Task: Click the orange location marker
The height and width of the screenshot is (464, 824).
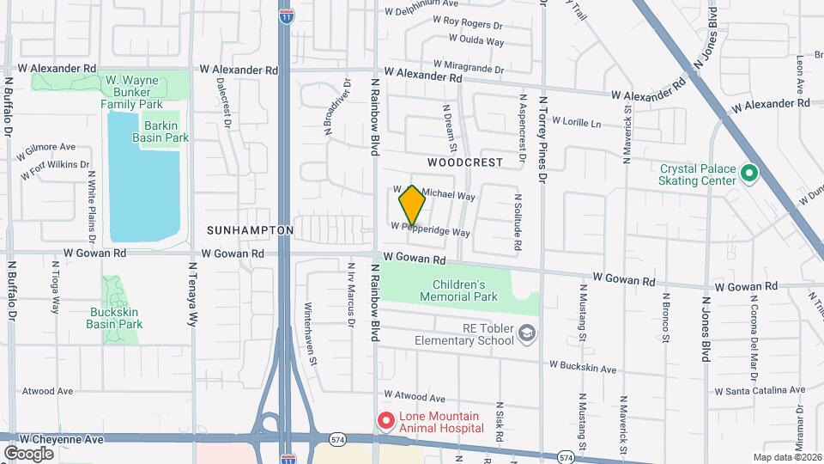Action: tap(412, 205)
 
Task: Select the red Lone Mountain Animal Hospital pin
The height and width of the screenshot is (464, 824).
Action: tap(385, 421)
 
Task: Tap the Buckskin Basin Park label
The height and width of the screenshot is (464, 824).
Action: tap(114, 318)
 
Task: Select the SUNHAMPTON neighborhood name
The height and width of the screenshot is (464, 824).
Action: tap(250, 231)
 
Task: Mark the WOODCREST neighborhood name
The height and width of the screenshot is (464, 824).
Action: tap(464, 162)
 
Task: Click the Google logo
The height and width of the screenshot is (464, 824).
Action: tap(28, 453)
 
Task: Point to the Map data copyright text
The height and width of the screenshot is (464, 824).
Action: tap(786, 457)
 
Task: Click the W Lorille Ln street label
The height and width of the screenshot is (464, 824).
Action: tap(576, 122)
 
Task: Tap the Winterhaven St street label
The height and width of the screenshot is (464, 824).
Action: tap(312, 334)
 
